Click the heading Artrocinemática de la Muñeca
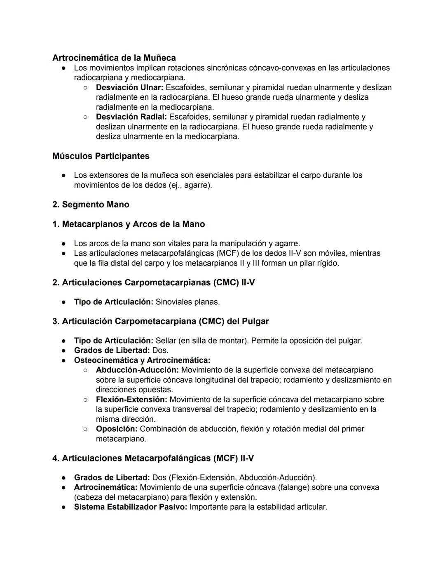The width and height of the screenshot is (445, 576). point(114,58)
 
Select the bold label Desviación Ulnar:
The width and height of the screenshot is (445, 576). point(129,87)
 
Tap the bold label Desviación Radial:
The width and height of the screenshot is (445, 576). point(131,117)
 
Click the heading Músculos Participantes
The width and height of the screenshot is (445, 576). point(101,156)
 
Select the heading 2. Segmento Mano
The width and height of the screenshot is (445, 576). point(91,205)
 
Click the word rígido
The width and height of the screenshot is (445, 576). point(327,263)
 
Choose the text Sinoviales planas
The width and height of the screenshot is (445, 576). point(187,302)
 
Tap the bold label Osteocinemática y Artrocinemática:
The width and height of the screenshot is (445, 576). point(142,360)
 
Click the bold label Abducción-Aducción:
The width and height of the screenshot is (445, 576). point(137,370)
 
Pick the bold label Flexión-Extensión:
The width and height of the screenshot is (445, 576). point(131,399)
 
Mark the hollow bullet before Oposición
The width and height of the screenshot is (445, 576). point(85,429)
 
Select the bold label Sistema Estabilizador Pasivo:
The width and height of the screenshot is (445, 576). point(130,507)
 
